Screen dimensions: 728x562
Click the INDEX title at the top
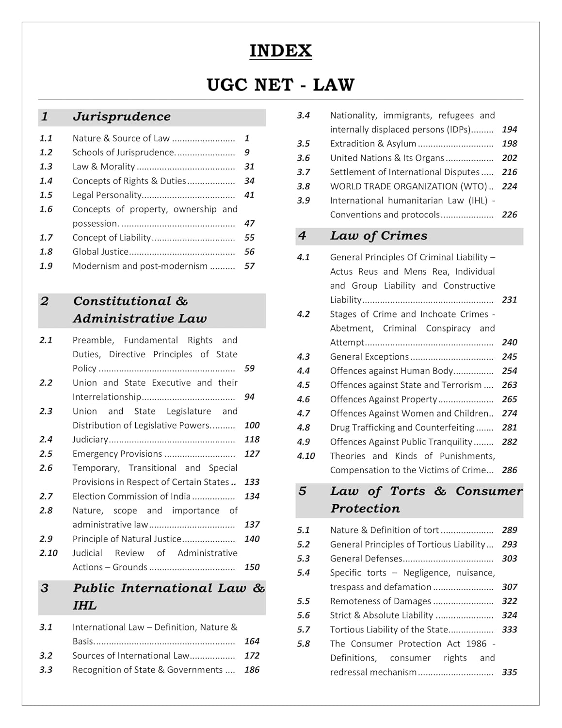(280, 51)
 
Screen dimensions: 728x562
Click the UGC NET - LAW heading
(280, 85)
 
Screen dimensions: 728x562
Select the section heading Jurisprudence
(122, 117)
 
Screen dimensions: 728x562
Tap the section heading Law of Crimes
(379, 236)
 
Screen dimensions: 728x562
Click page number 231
(509, 300)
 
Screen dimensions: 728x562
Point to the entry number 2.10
(48, 553)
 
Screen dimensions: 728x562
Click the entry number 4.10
(306, 456)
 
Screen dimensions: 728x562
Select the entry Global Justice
(100, 252)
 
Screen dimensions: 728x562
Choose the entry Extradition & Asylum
(373, 144)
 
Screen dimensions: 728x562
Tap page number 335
(509, 672)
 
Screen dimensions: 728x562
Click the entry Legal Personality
(107, 195)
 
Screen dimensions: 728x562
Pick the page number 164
(252, 641)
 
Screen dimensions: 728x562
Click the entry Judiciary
(90, 439)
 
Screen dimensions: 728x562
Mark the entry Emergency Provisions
(117, 454)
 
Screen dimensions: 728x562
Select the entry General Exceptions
(369, 357)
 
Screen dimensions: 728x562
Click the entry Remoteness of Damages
(380, 601)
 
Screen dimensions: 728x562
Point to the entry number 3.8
(304, 186)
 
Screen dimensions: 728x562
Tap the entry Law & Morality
(104, 166)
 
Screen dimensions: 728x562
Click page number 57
(249, 266)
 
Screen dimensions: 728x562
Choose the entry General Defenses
(366, 559)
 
